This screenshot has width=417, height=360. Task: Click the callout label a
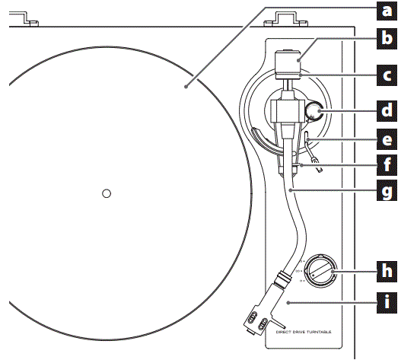388,11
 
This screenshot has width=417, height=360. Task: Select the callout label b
388,37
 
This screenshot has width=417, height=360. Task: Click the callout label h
388,269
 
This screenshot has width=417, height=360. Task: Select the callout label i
388,301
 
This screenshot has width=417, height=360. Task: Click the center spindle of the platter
107,193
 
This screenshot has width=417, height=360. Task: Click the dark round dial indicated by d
314,113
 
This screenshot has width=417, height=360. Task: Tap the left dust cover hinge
26,17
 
